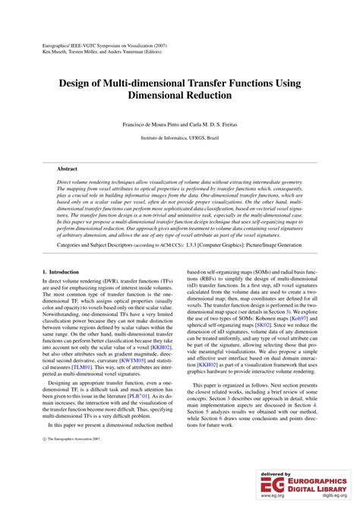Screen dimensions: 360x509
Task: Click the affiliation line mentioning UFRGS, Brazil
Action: (179, 138)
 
